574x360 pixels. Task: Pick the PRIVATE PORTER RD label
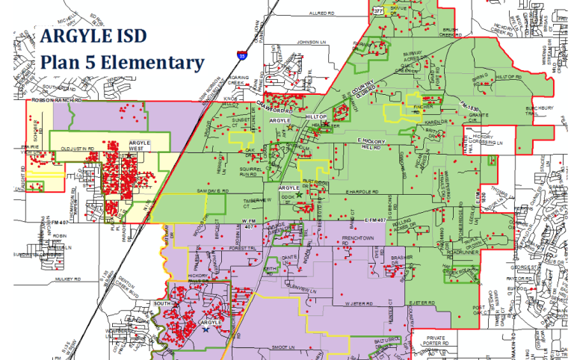point(436,341)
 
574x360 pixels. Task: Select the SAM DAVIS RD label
point(212,192)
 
